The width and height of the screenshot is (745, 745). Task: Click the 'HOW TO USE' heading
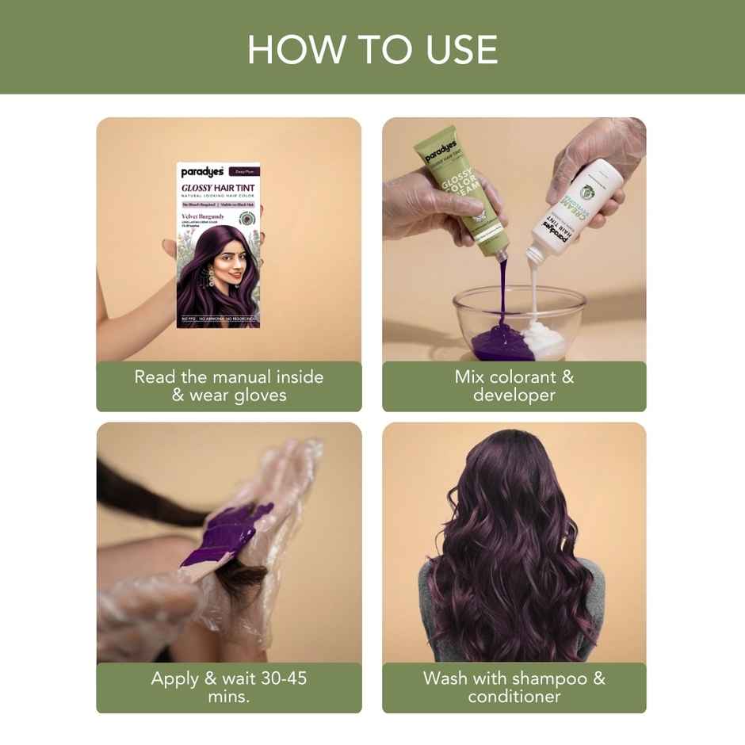point(372,49)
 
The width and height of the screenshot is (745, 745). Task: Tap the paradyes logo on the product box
point(202,171)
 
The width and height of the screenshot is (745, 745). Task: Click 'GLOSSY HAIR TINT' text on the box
point(217,187)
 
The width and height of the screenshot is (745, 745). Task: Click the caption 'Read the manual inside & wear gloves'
point(229,386)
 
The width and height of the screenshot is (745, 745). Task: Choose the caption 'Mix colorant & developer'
point(514,386)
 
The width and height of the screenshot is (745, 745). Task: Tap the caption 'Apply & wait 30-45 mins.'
point(229,687)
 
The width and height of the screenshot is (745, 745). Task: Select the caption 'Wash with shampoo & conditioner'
point(514,687)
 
